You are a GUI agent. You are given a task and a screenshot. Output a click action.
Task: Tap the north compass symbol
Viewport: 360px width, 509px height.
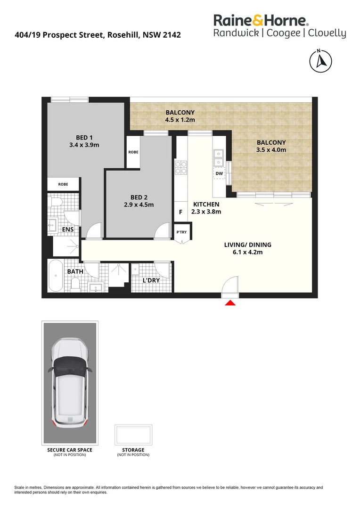(x=320, y=60)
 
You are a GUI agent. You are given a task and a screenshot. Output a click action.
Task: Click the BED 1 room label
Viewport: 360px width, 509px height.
(x=84, y=137)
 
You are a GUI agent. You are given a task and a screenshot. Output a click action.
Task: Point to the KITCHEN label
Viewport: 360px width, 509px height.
(x=206, y=204)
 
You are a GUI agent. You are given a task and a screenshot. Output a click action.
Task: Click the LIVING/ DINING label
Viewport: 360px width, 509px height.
(x=248, y=245)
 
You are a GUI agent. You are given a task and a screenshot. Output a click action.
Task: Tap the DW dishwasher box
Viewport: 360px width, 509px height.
(x=219, y=173)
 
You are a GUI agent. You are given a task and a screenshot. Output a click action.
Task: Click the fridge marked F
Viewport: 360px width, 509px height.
(x=180, y=212)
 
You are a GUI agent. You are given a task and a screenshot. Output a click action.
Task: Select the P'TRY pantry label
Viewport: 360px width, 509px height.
(x=181, y=232)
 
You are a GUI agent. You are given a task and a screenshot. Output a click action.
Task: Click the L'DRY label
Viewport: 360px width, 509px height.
(x=151, y=281)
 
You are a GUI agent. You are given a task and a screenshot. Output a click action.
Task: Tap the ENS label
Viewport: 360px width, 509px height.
(x=68, y=230)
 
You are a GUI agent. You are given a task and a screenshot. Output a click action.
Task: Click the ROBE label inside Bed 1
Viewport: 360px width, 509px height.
(x=63, y=184)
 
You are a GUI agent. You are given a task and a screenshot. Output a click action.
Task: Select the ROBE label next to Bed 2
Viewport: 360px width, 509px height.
(x=133, y=152)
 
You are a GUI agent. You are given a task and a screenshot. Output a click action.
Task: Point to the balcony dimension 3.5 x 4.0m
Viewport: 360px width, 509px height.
(x=271, y=150)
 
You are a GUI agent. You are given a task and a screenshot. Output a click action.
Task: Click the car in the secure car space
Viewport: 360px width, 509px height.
(x=70, y=380)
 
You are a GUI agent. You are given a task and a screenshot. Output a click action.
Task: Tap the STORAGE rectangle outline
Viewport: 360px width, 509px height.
(x=133, y=434)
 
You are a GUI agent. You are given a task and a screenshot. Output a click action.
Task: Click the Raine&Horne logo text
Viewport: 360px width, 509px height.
(x=261, y=20)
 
